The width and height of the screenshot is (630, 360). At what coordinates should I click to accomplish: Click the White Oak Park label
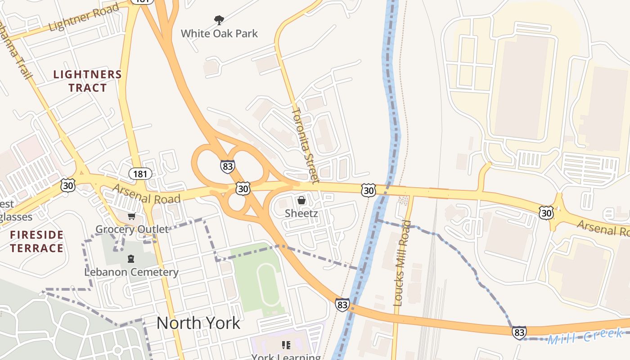(219, 33)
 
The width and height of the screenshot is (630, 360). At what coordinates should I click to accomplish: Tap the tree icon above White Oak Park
(219, 20)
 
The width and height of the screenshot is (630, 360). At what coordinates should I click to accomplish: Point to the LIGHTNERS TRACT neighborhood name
(88, 81)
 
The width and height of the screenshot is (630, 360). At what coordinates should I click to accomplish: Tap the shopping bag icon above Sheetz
(301, 200)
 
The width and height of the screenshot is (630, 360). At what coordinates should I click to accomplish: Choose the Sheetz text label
(301, 213)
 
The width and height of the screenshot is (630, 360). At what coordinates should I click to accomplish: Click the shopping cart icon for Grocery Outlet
(131, 216)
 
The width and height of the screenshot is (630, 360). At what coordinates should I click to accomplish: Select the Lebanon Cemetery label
(131, 272)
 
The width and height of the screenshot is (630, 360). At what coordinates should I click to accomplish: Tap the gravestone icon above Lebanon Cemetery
(131, 259)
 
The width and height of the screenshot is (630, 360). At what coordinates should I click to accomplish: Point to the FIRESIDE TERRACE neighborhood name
(37, 242)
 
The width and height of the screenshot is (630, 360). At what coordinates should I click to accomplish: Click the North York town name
(198, 323)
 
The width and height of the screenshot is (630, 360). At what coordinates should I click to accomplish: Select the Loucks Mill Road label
(402, 263)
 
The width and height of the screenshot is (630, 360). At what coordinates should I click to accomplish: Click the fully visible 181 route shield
(140, 173)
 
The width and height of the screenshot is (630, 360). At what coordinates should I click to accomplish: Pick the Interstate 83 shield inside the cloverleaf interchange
(228, 166)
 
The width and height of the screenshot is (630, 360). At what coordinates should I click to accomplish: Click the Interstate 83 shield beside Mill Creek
(519, 333)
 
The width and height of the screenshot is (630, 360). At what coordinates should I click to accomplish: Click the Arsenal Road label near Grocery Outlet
(147, 194)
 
